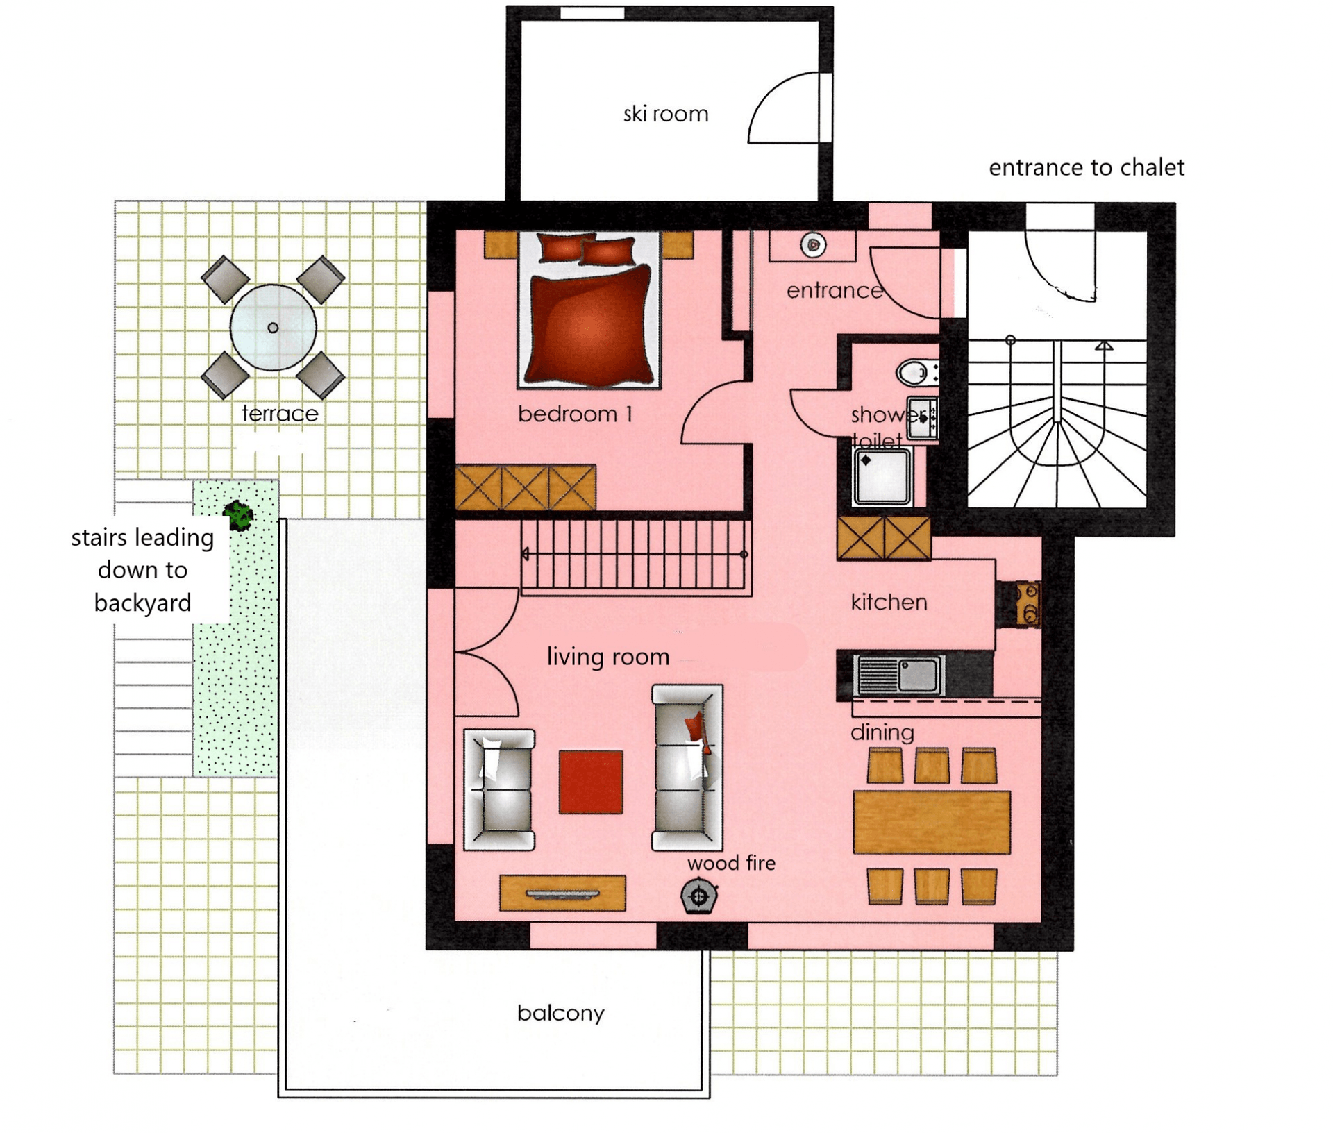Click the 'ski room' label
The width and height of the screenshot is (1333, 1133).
[665, 114]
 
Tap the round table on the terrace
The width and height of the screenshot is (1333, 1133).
[273, 327]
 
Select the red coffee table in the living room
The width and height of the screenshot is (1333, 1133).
[590, 782]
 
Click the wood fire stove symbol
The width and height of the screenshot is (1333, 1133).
[699, 896]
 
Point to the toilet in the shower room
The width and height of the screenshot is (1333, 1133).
[916, 372]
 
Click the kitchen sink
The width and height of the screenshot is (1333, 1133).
[900, 675]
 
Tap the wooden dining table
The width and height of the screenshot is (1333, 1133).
[932, 822]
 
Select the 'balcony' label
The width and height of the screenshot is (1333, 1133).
[561, 1013]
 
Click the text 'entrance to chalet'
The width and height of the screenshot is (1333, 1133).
[1086, 167]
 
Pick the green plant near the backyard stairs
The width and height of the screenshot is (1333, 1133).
[239, 515]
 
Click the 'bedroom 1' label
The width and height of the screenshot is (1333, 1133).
[576, 414]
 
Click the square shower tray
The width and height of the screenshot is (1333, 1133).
[882, 476]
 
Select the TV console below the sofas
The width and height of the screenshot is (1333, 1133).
[562, 893]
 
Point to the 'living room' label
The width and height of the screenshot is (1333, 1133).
[608, 657]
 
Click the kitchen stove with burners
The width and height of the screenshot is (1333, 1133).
[1028, 603]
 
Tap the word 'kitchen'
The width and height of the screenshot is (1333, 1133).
[889, 602]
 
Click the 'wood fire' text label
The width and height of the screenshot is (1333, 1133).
[731, 863]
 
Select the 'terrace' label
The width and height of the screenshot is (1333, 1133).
[280, 414]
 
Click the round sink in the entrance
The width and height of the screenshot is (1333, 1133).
[813, 244]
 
